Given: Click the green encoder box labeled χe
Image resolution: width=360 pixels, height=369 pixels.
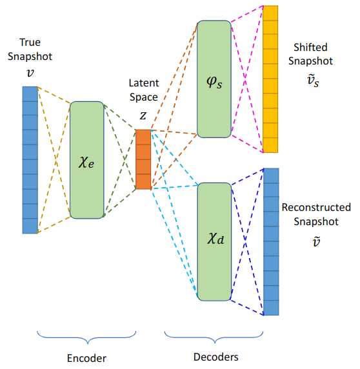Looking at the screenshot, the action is (x=87, y=160).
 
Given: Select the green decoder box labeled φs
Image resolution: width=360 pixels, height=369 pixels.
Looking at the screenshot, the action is (x=214, y=79).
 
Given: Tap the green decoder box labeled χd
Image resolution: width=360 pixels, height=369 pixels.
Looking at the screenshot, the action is (x=214, y=242).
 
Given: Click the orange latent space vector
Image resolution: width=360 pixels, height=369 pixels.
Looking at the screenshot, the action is (x=143, y=159).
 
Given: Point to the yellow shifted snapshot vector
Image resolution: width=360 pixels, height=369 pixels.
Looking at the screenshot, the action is (x=270, y=79).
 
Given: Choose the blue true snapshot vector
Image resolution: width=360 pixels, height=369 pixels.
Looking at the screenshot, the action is (x=30, y=160).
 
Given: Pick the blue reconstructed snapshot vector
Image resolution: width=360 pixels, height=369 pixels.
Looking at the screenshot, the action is (x=272, y=242).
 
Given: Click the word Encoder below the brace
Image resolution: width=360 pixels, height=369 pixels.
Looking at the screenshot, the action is (x=86, y=359).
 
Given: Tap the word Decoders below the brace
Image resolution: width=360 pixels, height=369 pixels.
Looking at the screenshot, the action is (x=215, y=357).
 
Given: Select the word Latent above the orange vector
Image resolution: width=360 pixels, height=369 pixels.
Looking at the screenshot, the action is (x=144, y=83).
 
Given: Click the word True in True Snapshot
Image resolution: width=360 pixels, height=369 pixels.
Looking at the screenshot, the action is (x=30, y=43).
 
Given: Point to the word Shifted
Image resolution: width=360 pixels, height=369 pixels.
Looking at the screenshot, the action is (x=310, y=47).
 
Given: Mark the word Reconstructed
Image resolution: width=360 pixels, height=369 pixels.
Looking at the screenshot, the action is (x=316, y=207).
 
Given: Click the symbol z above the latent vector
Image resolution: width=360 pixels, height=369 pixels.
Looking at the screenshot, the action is (x=143, y=115).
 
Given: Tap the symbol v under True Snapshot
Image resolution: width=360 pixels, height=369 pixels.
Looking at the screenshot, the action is (x=30, y=72).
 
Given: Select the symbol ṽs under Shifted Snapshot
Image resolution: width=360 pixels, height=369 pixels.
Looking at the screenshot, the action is (x=313, y=81).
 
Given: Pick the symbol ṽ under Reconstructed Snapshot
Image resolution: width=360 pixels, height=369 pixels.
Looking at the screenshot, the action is (x=316, y=241).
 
